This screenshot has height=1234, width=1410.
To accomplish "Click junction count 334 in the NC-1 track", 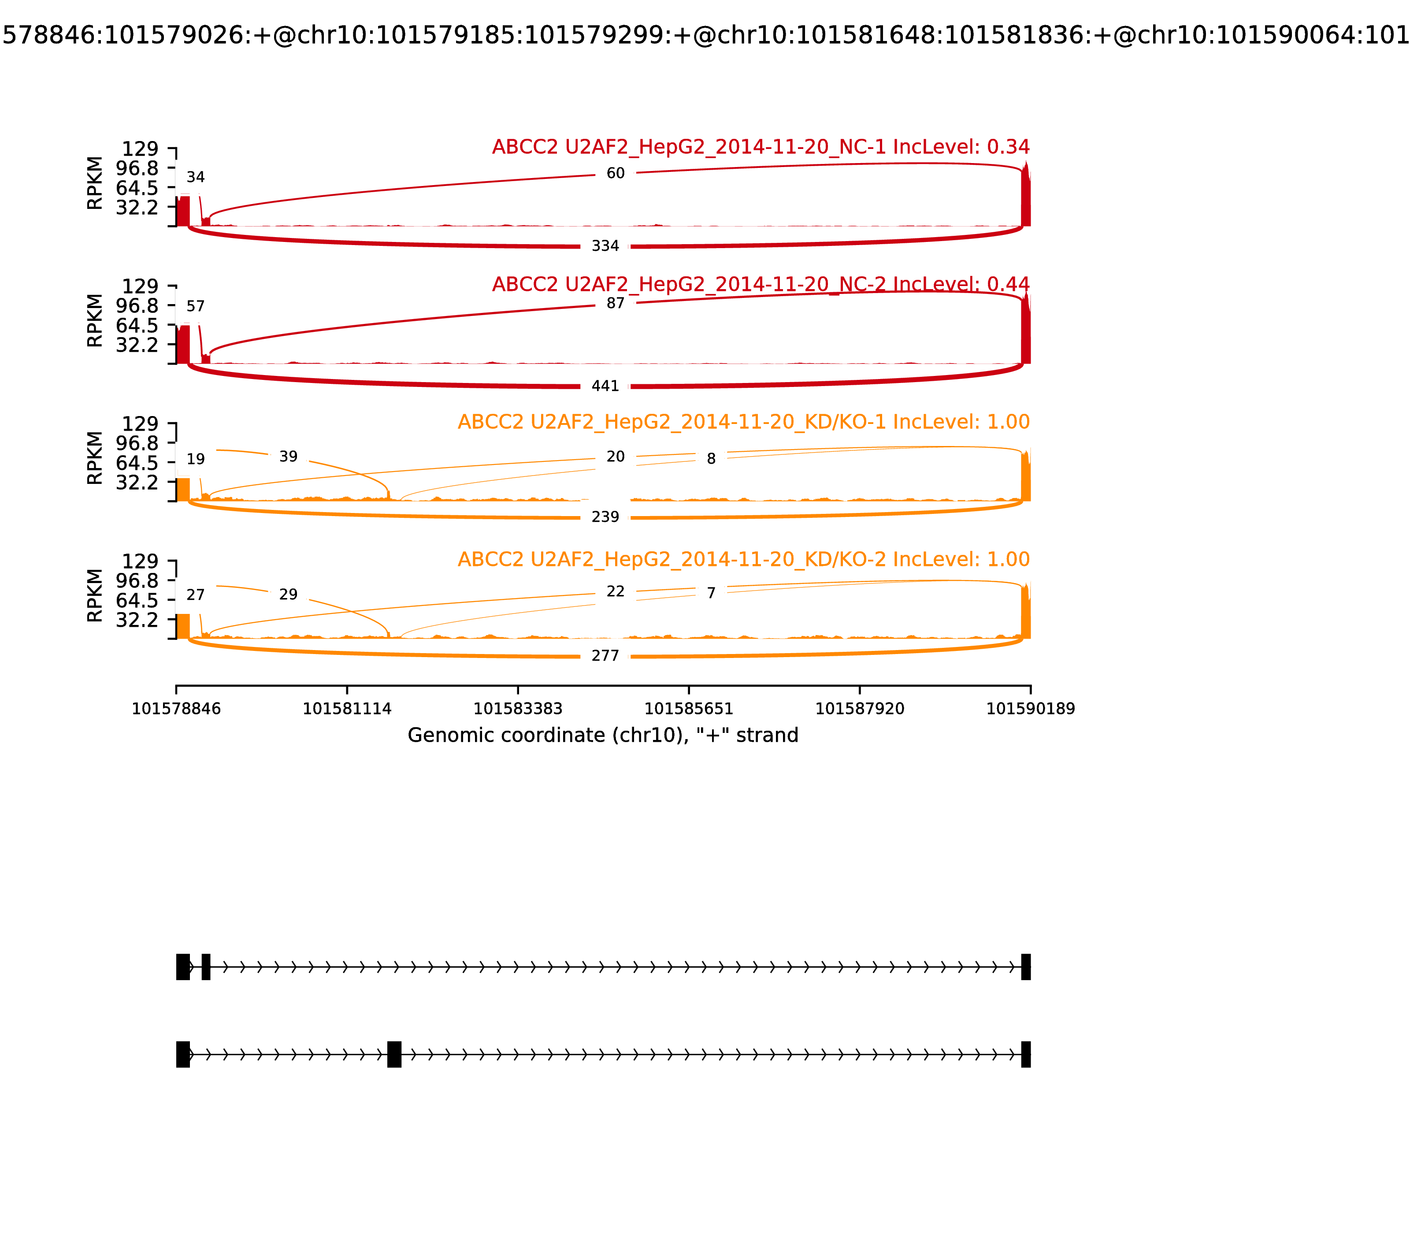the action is tap(605, 246).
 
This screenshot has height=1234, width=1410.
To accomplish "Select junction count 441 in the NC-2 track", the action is tap(605, 387).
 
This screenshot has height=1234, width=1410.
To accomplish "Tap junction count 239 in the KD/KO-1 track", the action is tap(605, 517).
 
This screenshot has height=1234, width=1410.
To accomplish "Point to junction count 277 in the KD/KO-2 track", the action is tap(605, 656).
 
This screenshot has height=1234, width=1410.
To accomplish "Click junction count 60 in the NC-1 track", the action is tap(616, 174).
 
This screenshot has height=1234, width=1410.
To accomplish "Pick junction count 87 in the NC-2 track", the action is tap(616, 303).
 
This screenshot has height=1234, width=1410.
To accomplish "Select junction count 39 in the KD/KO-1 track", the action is tap(289, 457).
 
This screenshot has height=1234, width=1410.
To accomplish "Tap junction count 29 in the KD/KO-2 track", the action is tap(289, 594).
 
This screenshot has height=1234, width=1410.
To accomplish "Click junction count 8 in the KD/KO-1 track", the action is tap(711, 459).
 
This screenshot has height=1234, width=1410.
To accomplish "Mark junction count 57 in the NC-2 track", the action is tap(196, 306).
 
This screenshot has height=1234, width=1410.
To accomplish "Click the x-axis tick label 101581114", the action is tap(347, 709).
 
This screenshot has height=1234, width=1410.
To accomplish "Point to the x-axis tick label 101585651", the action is tap(688, 709).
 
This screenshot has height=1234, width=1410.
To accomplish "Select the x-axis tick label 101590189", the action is tap(1031, 709).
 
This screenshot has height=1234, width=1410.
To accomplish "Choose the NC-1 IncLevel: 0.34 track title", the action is tap(761, 147).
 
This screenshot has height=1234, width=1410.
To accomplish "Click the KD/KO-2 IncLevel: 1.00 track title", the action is tap(744, 559).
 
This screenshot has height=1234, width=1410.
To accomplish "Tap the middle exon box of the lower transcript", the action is tap(394, 1054).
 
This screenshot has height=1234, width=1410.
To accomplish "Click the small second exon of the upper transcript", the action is tap(206, 967).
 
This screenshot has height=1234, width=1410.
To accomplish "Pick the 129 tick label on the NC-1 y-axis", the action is tap(140, 149).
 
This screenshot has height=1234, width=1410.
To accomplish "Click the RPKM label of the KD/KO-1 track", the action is tap(95, 458).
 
